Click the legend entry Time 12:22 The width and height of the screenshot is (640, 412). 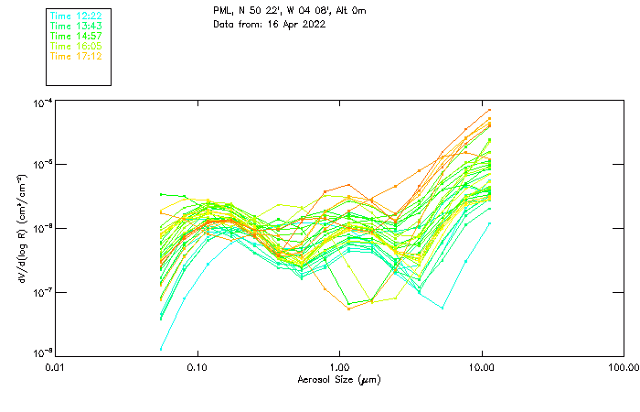[x=76, y=16]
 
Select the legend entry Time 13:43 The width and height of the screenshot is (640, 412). [x=76, y=27]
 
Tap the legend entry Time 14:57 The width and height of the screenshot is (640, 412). [x=76, y=37]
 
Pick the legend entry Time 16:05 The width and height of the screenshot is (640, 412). [x=76, y=47]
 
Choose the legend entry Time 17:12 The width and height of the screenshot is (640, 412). [x=76, y=57]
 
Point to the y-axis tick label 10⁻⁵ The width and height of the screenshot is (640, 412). [x=42, y=164]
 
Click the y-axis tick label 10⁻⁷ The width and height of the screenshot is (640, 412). [x=42, y=291]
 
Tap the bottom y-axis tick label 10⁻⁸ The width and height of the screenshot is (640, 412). [x=42, y=353]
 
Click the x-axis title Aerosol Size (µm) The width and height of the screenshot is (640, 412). [x=339, y=379]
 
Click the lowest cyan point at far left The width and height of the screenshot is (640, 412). [x=161, y=349]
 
